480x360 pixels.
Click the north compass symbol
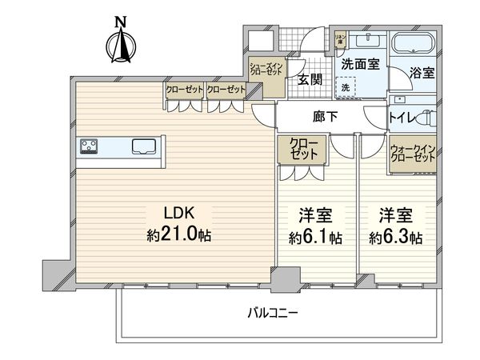click(x=121, y=44)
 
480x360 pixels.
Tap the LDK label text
click(x=178, y=214)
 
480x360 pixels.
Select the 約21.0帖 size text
click(x=178, y=236)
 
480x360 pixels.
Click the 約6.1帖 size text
click(x=315, y=238)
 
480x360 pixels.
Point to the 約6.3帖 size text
click(x=396, y=238)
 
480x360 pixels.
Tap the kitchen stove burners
click(x=89, y=147)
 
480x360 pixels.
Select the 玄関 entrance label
click(x=311, y=78)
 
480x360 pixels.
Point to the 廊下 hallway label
click(x=315, y=117)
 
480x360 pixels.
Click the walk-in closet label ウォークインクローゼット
click(x=413, y=154)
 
